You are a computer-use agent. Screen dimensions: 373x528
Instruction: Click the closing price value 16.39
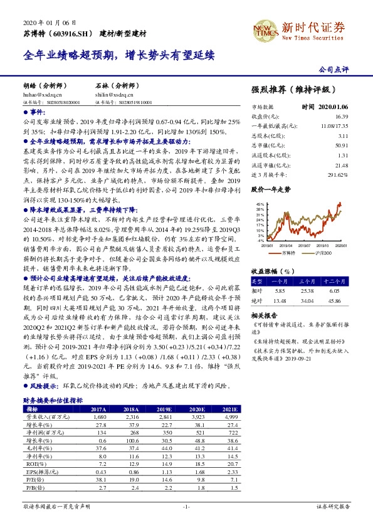(341, 116)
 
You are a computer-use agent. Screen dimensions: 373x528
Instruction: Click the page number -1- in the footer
(186, 506)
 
